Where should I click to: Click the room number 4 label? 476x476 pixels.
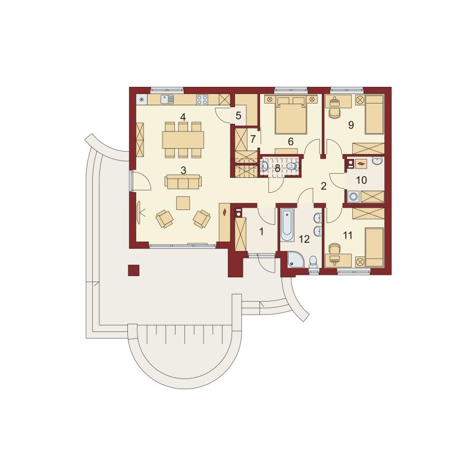point(183,117)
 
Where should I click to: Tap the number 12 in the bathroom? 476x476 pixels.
point(304,239)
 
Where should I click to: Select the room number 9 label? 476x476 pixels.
point(351,125)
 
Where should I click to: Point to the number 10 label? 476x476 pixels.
point(361,180)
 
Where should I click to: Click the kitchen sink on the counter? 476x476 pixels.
point(167,99)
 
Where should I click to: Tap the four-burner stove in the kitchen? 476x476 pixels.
point(202,99)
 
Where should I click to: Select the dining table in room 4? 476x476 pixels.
point(183,140)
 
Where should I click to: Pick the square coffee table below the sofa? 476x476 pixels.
point(183,203)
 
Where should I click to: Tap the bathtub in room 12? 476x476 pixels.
point(287,225)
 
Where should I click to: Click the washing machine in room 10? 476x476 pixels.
point(353,196)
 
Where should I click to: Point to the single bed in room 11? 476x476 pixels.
point(374,247)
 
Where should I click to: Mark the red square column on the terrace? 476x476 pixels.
point(133,270)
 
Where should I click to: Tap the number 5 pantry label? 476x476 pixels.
point(239,115)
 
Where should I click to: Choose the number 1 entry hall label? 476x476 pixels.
point(261,231)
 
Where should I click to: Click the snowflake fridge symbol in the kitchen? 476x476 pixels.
point(142,99)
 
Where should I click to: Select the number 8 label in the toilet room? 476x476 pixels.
point(277,168)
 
